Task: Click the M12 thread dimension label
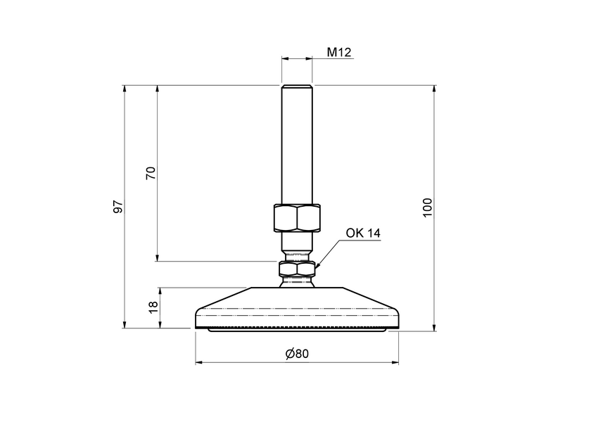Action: [339, 52]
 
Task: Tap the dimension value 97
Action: [118, 207]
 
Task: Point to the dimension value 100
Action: [427, 207]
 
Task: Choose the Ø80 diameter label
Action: [297, 353]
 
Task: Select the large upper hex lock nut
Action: [296, 217]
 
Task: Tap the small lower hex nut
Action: [296, 269]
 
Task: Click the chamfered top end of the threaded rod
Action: [296, 87]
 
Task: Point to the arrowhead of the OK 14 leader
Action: [318, 266]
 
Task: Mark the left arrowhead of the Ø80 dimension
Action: [198, 363]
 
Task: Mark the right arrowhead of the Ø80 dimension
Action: [395, 363]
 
